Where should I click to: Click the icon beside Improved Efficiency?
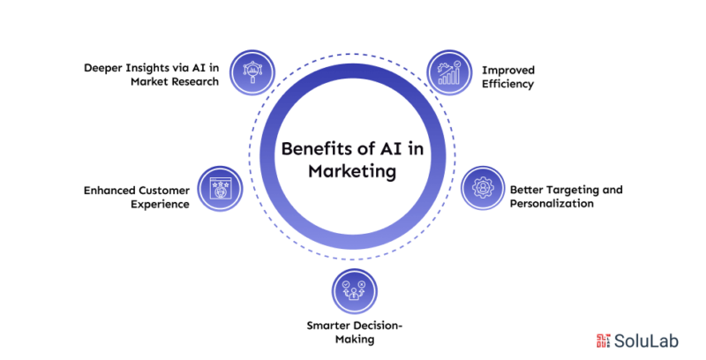pos(449,72)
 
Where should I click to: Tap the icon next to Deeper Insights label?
pos(252,72)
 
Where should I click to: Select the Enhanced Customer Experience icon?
pos(220,189)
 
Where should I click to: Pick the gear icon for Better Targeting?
pos(483,188)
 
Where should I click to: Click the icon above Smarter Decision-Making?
pos(355,291)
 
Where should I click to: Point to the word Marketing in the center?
pos(352,171)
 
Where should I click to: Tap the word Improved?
pos(508,71)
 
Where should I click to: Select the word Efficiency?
pos(508,84)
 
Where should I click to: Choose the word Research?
pos(197,81)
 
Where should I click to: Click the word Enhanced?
pos(109,191)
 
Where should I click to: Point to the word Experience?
pos(160,205)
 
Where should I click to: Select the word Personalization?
pos(552,204)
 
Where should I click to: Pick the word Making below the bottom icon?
pos(355,340)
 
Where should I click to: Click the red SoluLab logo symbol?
pos(604,341)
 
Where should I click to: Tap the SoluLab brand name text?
pos(646,341)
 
